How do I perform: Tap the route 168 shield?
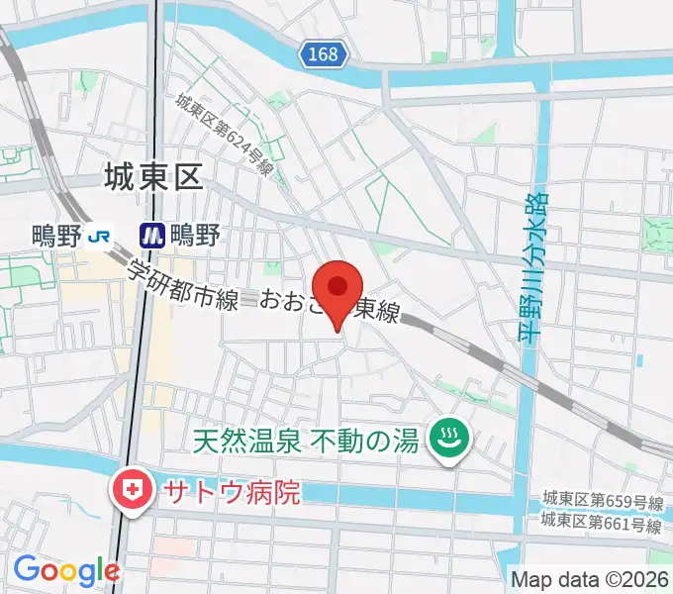point(324,55)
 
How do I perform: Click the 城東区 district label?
point(152,177)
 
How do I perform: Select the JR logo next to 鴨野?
point(99,235)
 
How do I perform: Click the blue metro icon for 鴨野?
point(151,235)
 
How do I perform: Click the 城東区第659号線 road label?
point(601,500)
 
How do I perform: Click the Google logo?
point(65,569)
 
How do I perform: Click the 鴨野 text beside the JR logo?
point(56,236)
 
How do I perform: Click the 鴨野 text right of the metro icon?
point(195,235)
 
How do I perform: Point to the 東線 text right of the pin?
point(377,312)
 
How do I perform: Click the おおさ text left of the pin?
point(289,300)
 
